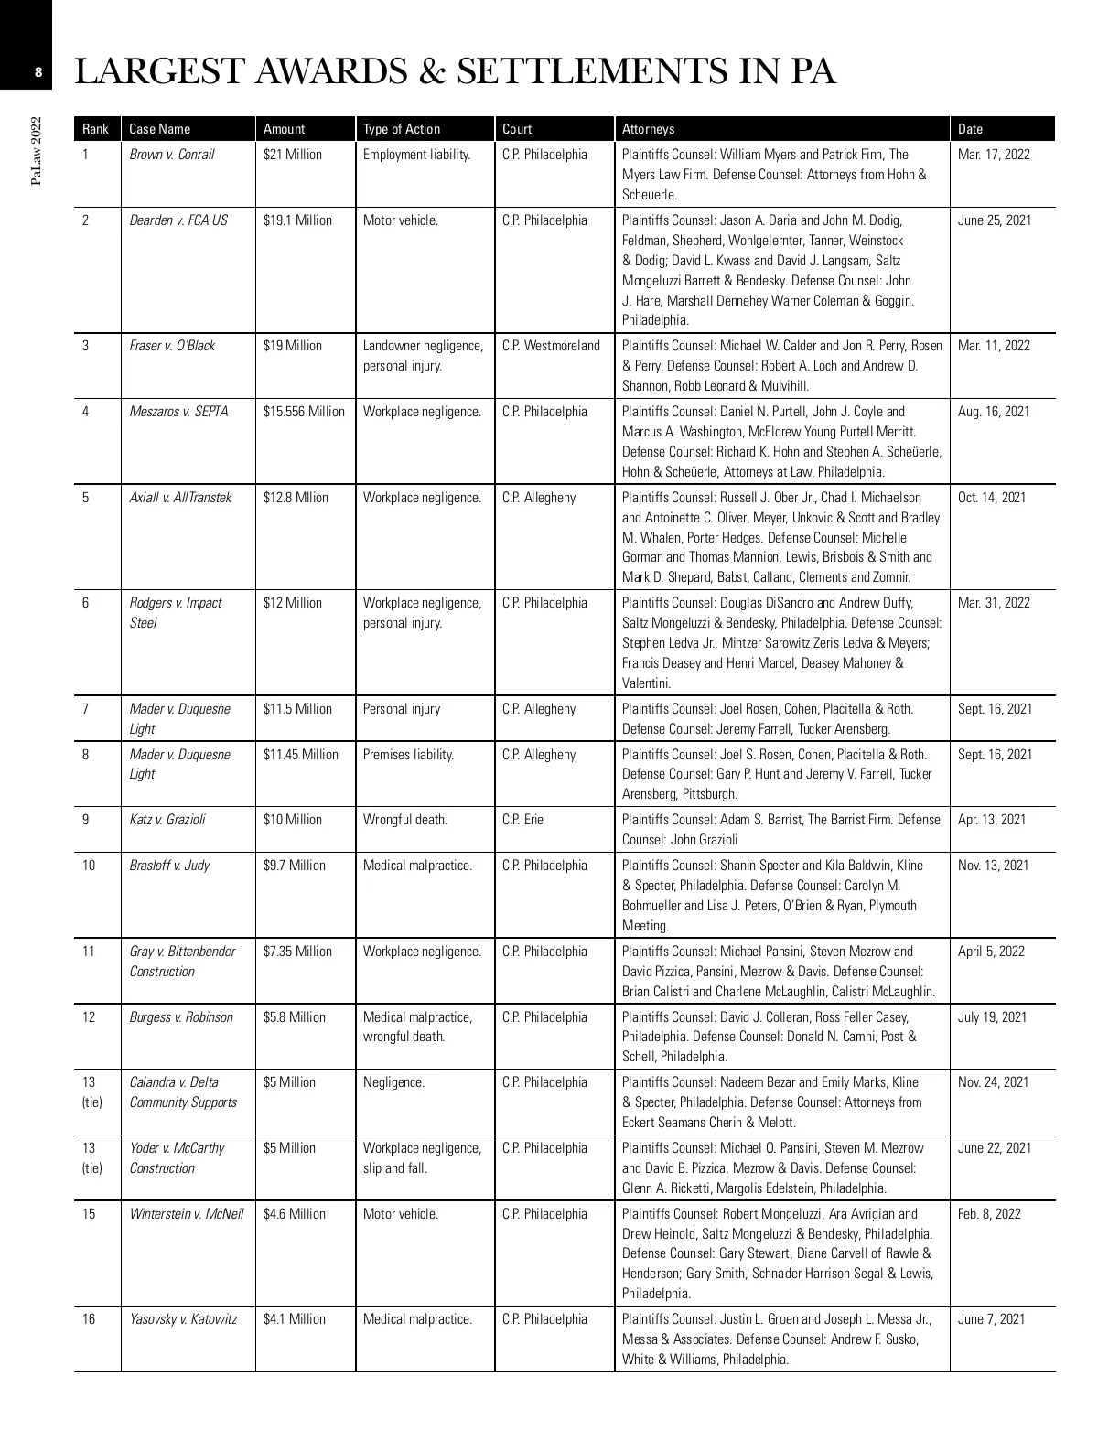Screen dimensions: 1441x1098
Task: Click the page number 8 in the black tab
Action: tap(38, 71)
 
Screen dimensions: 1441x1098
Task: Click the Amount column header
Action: tap(284, 129)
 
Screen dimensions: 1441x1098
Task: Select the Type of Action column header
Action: tap(402, 129)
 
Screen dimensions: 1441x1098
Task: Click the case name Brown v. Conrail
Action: tap(172, 155)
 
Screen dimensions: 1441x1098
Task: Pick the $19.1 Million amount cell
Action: tap(297, 220)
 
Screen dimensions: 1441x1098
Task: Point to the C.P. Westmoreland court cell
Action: tap(551, 346)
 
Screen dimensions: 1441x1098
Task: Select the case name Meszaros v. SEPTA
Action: tap(178, 412)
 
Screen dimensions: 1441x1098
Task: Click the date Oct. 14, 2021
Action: tap(992, 498)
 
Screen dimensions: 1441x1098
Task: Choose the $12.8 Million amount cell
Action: tap(296, 498)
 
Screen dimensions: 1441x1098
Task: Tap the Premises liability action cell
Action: tap(408, 755)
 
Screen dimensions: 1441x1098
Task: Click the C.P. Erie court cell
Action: tap(522, 820)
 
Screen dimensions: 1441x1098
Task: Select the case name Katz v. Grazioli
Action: tap(167, 820)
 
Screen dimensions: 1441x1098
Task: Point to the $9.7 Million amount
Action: tap(294, 866)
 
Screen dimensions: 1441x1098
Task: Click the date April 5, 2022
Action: tap(991, 952)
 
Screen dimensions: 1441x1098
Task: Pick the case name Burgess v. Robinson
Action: tap(181, 1017)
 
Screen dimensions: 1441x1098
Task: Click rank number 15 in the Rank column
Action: tap(89, 1214)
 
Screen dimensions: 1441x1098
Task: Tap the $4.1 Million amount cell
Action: tap(294, 1319)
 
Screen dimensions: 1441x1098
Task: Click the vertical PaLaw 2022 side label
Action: tap(37, 151)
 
